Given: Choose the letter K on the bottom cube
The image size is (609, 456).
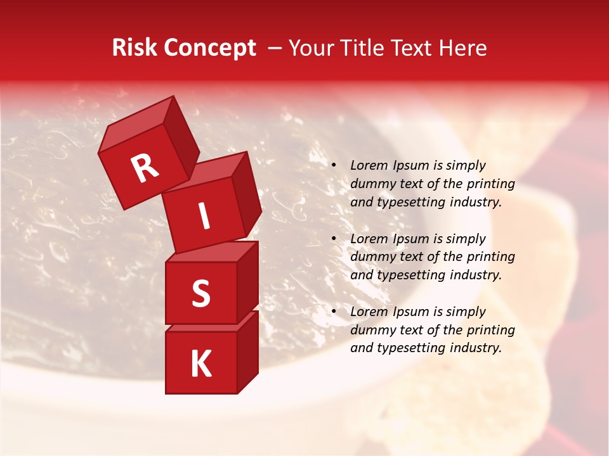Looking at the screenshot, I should click(200, 364).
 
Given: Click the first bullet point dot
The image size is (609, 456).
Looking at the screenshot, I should click(334, 165).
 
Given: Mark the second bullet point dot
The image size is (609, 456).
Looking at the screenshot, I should click(334, 239).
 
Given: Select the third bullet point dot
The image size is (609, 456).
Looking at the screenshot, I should click(334, 312).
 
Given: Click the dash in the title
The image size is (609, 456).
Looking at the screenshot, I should click(275, 49).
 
